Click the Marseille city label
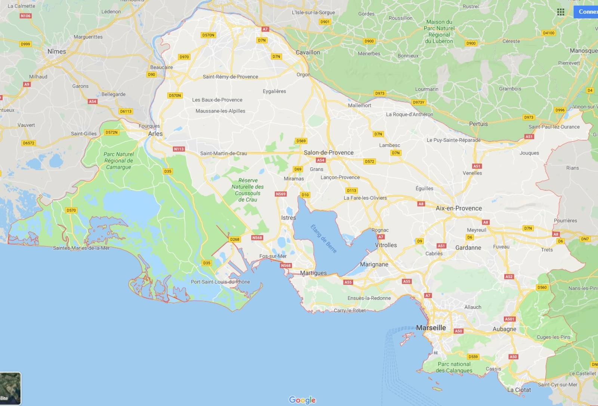pos(431,328)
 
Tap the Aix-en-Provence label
pos(459,208)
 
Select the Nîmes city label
pos(57,52)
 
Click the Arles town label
pos(155,134)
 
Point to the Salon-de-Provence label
pos(329,153)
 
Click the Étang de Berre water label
pos(324,239)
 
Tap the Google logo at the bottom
pos(302,400)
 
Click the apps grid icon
pos(561,12)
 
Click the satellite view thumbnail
pos(10,388)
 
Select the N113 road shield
pos(179,149)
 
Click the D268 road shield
pos(234,239)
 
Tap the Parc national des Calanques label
pos(454,367)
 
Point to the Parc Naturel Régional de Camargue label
pos(118,160)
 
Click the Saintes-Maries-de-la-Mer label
pos(81,248)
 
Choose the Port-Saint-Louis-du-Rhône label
pos(220,282)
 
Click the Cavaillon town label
pos(308,52)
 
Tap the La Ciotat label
pos(519,390)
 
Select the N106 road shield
pos(25,16)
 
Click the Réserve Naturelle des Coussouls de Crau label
pos(247,190)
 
